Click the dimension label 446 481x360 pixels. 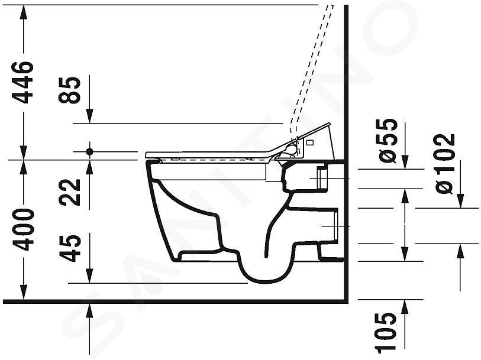22,82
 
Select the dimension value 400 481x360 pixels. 22,229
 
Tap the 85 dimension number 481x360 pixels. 70,90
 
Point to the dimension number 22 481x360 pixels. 70,192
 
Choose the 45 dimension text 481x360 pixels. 70,248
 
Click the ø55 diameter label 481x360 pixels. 388,140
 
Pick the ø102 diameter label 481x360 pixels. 445,164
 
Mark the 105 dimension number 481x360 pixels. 386,331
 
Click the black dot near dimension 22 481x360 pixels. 89,151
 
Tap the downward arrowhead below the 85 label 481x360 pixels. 89,116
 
